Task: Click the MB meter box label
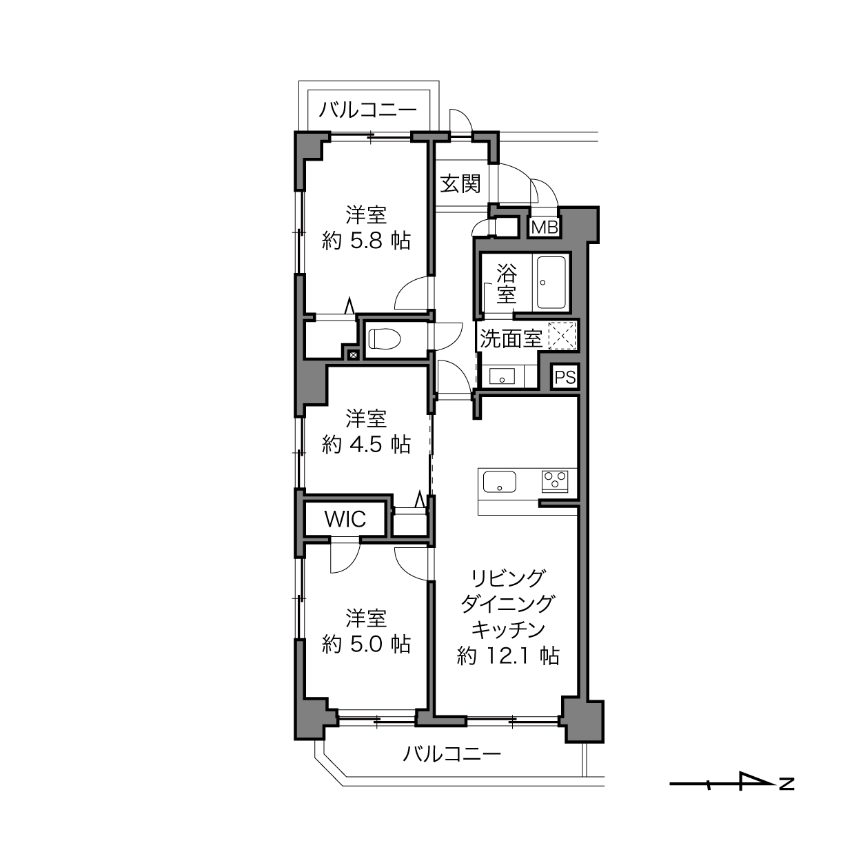(545, 227)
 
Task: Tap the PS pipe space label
(565, 377)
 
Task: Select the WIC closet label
(345, 519)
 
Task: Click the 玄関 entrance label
(460, 184)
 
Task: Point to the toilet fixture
(384, 338)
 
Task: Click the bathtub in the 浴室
(551, 283)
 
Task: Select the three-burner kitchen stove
(555, 481)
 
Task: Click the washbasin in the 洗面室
(502, 376)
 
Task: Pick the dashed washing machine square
(562, 336)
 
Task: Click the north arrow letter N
(786, 784)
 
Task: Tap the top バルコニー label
(368, 110)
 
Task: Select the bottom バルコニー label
(452, 754)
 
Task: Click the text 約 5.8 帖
(366, 241)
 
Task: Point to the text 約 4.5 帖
(366, 445)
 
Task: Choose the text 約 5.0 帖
(366, 644)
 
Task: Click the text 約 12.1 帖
(508, 656)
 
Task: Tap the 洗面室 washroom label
(511, 338)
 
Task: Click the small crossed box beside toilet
(354, 355)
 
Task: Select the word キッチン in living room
(508, 629)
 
